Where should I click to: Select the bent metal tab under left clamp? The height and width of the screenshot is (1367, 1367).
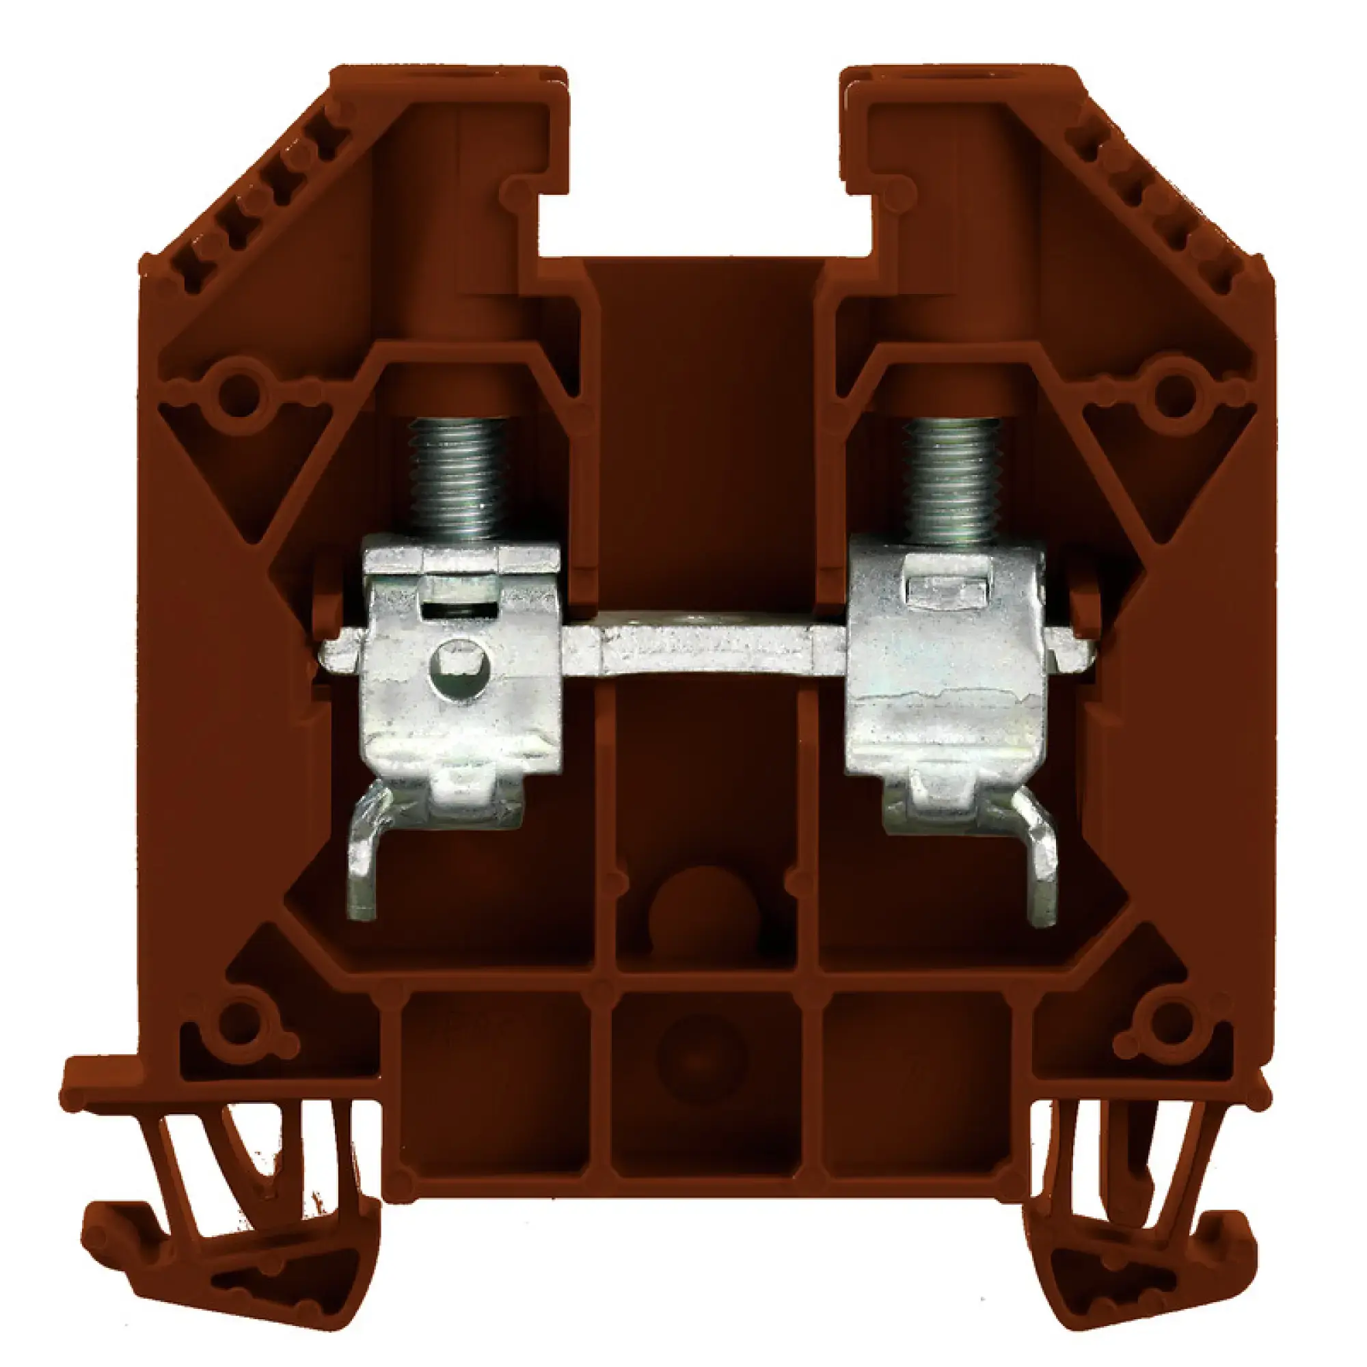364,860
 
